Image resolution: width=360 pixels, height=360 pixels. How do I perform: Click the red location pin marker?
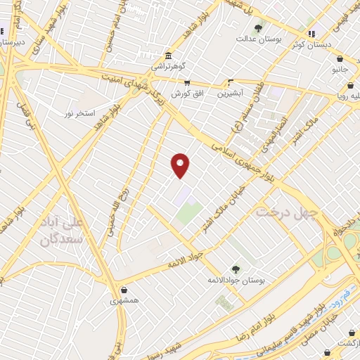181,164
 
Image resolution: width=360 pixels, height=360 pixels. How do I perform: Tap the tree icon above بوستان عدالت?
258,29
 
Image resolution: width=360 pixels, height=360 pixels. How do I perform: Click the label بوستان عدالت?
258,39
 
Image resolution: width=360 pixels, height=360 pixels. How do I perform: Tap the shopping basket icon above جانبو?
340,60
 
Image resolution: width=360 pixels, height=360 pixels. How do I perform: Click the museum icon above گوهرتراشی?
168,56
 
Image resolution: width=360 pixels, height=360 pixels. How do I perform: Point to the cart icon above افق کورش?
187,83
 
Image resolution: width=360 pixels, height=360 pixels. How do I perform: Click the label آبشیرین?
229,92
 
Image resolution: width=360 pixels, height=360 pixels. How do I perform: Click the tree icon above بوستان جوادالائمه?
235,269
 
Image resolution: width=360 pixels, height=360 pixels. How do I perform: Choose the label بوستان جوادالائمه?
236,280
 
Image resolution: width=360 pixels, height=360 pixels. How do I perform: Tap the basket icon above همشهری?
124,290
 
